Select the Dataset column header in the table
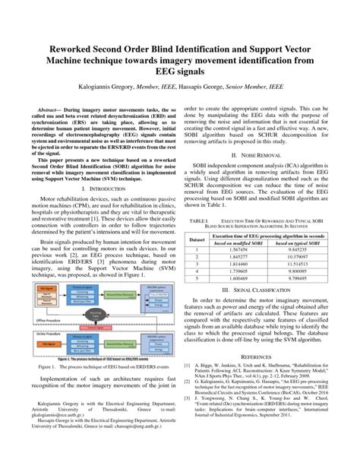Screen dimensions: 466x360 pyautogui.click(x=197, y=238)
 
